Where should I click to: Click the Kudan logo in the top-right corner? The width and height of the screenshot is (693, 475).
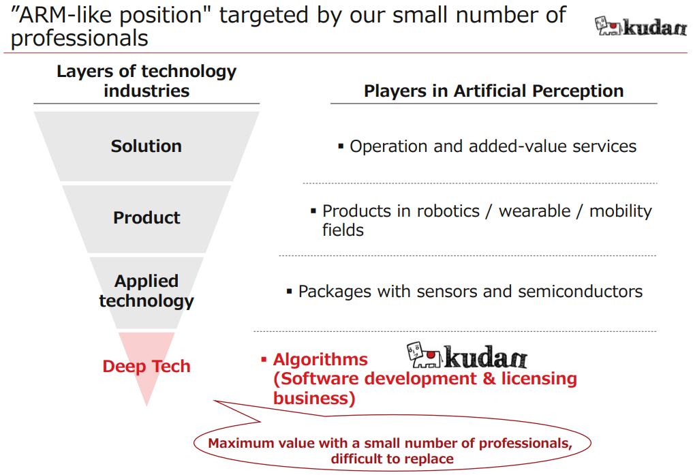(641, 26)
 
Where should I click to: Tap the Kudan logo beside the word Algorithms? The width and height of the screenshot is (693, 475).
(467, 355)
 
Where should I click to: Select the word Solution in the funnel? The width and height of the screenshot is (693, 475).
(147, 147)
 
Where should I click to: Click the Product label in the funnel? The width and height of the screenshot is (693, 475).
(147, 218)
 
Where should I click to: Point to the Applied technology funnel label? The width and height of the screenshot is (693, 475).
(147, 291)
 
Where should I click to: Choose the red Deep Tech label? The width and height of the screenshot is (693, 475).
(147, 367)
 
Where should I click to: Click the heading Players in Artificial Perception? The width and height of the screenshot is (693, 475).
(493, 91)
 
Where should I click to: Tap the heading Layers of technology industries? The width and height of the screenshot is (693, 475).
(147, 81)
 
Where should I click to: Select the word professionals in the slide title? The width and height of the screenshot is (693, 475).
(80, 38)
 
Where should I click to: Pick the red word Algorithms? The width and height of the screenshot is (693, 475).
(320, 360)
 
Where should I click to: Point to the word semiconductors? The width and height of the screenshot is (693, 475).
(581, 292)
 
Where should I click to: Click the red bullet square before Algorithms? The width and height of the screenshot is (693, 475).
(264, 360)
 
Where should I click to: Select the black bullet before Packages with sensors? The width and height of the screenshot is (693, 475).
(290, 291)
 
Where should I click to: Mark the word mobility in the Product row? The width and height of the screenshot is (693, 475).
(621, 212)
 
